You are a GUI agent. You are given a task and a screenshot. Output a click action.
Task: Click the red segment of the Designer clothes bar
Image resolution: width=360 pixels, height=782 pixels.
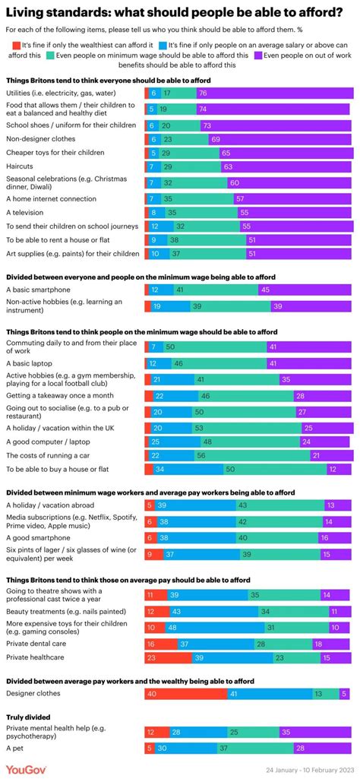pyautogui.click(x=185, y=692)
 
